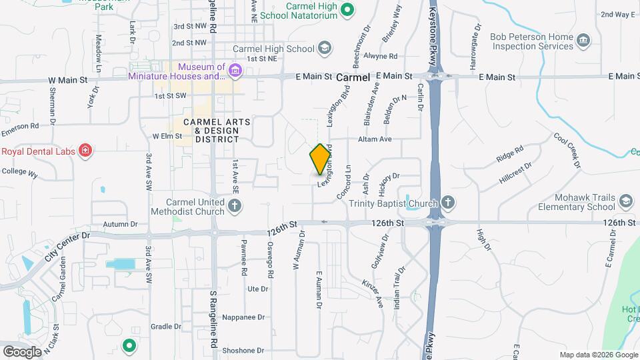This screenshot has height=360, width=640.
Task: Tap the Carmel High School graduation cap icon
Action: click(325, 48)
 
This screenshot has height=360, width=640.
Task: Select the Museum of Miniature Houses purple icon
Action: click(235, 70)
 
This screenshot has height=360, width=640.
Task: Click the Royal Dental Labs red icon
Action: click(85, 151)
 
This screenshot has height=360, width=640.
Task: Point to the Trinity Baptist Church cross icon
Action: click(449, 203)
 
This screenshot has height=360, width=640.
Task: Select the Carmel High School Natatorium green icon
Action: click(347, 9)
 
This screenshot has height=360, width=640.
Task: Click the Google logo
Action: click(22, 351)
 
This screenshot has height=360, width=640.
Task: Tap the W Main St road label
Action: click(68, 81)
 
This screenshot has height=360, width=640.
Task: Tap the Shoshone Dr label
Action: click(243, 350)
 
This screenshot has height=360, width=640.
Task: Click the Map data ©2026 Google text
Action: click(598, 355)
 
